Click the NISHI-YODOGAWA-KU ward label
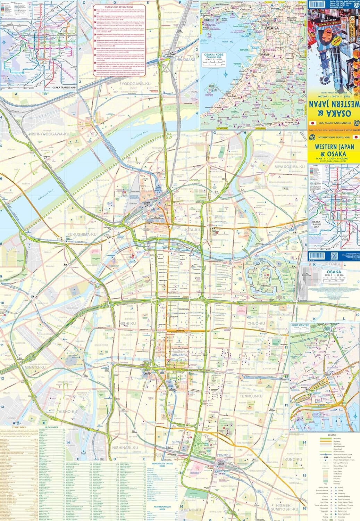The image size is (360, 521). click(x=49, y=134)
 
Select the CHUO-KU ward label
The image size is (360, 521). click(x=257, y=323)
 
